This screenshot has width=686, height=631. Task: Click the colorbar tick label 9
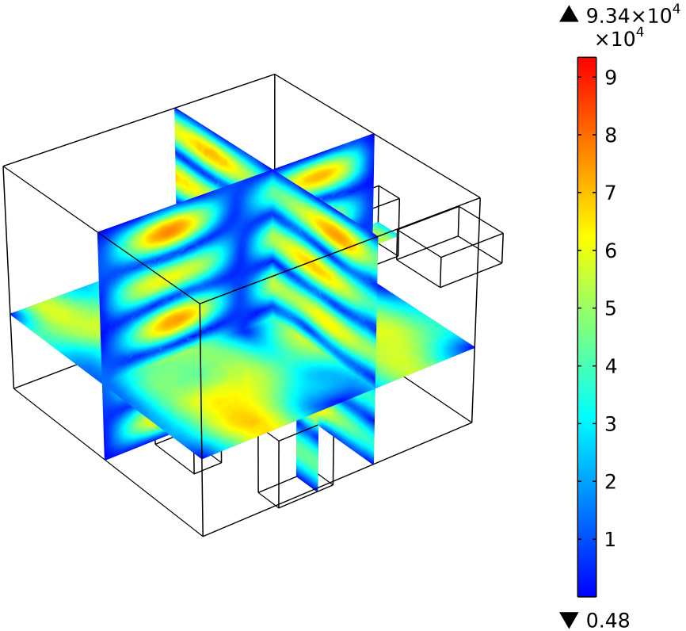tap(610, 77)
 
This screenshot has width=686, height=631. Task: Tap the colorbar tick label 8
tap(610, 135)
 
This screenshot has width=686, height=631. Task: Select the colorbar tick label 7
tap(610, 193)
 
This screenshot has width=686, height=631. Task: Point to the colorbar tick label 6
tap(610, 251)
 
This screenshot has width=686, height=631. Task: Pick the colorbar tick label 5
tap(610, 308)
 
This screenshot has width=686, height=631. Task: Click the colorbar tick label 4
tap(610, 366)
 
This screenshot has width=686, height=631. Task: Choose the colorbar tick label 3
tap(610, 424)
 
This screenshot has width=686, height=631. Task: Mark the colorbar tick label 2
tap(610, 482)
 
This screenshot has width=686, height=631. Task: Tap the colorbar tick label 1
tap(610, 540)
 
